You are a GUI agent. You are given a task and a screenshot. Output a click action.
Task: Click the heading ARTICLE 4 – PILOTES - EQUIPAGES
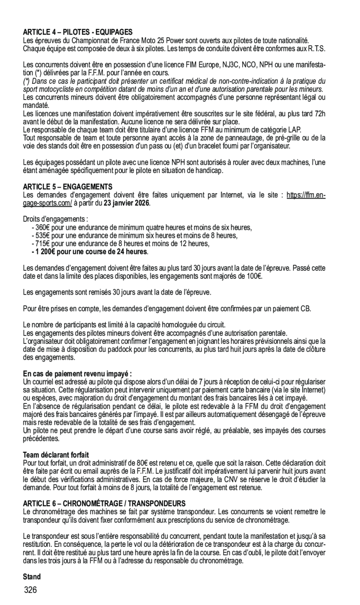tap(78, 32)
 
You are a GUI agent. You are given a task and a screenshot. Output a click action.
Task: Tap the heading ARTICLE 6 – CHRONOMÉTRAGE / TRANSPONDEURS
tap(104, 504)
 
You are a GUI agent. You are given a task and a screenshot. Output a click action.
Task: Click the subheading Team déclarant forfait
tap(56, 454)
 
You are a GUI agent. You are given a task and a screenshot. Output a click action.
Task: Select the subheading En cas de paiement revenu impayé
tap(77, 373)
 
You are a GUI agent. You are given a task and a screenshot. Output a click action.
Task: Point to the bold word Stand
tap(32, 577)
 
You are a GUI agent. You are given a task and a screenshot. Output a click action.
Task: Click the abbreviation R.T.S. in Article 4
tap(316, 48)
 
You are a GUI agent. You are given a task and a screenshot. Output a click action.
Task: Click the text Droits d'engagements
tap(55, 219)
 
